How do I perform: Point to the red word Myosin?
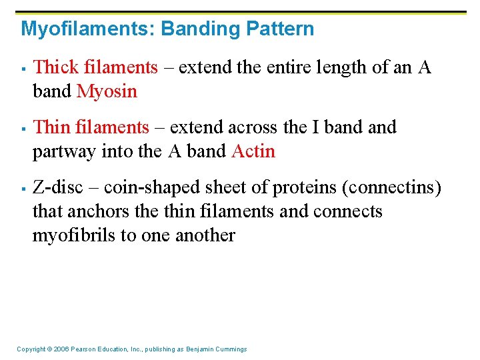(107, 91)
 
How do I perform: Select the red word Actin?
(253, 151)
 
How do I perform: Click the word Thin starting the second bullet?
(49, 127)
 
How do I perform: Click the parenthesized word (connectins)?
(391, 187)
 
